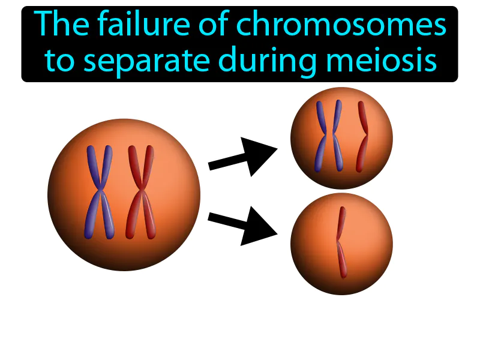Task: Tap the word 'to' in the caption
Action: pyautogui.click(x=59, y=61)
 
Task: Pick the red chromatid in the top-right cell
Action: pyautogui.click(x=362, y=137)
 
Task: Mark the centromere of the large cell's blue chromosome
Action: pyautogui.click(x=100, y=193)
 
